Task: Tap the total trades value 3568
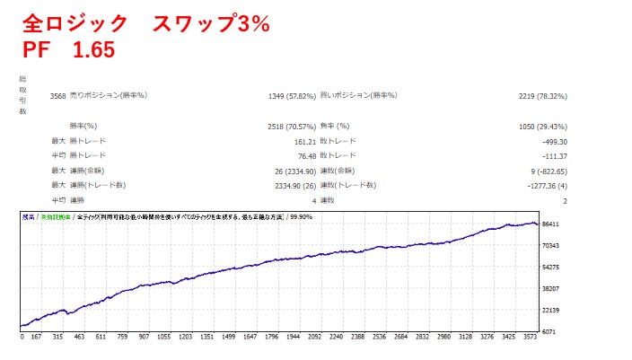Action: click(x=57, y=96)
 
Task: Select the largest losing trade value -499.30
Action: click(x=550, y=142)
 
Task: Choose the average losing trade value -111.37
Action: click(x=550, y=156)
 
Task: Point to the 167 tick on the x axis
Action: click(x=36, y=339)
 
